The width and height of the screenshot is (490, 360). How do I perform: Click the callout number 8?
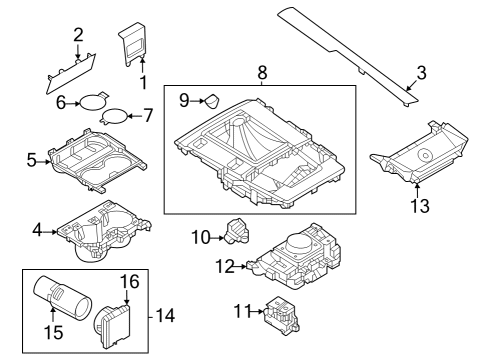[262, 72]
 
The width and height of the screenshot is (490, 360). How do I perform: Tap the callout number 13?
[420, 205]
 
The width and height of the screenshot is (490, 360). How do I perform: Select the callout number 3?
[421, 73]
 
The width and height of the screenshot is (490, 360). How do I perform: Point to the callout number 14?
[165, 315]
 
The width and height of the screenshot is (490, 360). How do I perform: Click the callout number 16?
[130, 282]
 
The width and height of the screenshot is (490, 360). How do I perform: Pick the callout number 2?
[78, 35]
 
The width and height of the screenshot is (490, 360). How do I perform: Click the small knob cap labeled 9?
[212, 102]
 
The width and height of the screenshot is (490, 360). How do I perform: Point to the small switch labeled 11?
[282, 316]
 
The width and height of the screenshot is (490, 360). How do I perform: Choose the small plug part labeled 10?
[237, 231]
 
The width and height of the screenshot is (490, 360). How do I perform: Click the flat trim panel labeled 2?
[71, 73]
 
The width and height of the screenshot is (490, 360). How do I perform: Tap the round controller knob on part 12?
[298, 244]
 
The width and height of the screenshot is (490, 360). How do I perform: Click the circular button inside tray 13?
[425, 155]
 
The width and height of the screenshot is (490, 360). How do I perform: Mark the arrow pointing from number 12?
[240, 266]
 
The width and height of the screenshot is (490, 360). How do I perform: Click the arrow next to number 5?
[43, 162]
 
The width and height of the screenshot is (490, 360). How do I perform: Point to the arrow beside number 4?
[50, 232]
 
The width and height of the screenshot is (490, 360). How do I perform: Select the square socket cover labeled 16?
[112, 324]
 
